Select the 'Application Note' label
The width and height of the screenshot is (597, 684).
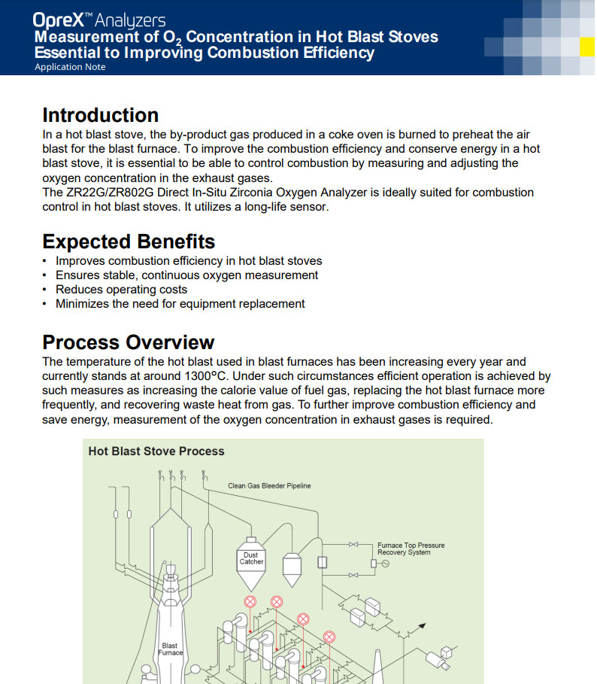tap(70, 67)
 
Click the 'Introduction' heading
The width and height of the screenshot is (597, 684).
tap(100, 115)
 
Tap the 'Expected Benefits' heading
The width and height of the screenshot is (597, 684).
tap(129, 242)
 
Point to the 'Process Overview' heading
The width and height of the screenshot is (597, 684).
tap(128, 342)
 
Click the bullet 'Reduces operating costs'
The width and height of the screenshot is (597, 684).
tap(121, 290)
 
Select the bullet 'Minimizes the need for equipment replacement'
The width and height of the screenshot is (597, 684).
tap(180, 304)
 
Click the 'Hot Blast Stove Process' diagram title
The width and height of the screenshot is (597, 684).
tap(156, 451)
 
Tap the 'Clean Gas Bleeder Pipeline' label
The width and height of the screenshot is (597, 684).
tap(269, 486)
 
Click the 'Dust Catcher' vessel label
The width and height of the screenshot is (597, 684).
tap(252, 558)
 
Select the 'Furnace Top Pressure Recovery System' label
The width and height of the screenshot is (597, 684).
tap(411, 549)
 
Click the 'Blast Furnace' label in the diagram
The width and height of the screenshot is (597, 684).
tap(170, 649)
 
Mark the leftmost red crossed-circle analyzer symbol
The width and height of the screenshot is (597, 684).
tap(250, 601)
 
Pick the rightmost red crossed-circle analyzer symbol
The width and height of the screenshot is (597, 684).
tap(329, 637)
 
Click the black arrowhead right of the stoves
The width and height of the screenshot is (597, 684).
tap(422, 625)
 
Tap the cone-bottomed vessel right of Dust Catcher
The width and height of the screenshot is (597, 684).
tap(292, 568)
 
